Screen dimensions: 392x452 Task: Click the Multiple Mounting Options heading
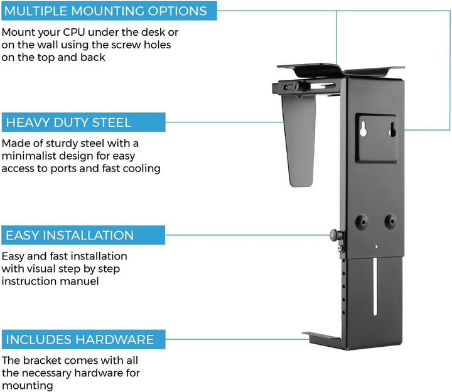(x=106, y=11)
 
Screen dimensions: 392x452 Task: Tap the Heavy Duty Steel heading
(x=68, y=122)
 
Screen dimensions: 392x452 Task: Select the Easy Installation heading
(x=70, y=236)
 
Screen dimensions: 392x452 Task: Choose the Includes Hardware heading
(x=80, y=340)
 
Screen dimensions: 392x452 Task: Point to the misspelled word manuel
(x=82, y=281)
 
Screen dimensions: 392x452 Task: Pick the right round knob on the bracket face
(x=390, y=220)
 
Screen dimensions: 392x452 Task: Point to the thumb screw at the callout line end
(x=333, y=236)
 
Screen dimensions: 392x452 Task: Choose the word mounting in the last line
(x=27, y=386)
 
